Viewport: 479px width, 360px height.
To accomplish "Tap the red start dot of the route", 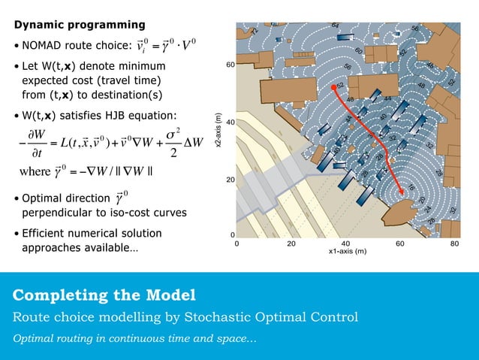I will click(333, 88).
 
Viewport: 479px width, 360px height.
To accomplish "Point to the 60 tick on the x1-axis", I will click(400, 244).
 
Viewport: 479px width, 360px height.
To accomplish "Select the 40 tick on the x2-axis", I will click(230, 122).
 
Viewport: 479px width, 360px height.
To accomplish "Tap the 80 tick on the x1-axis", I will click(455, 244).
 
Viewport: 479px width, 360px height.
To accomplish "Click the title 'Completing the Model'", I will click(104, 293).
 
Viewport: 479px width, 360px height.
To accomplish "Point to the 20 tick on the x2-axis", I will click(230, 180).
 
